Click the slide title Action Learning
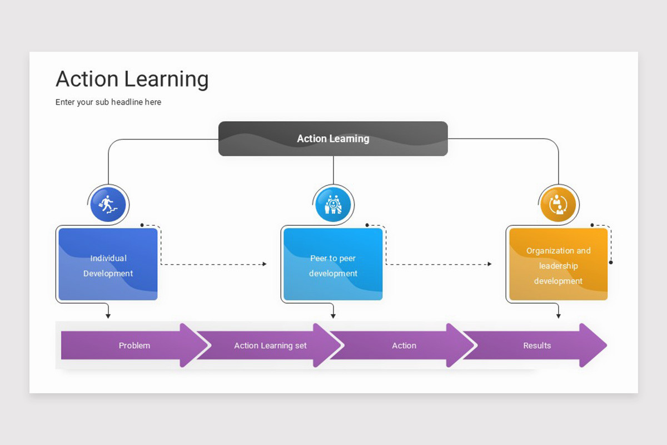click(132, 79)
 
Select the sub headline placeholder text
click(108, 102)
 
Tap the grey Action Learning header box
click(333, 139)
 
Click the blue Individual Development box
click(108, 265)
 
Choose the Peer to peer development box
click(333, 265)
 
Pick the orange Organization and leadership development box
click(558, 265)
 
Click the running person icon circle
click(108, 204)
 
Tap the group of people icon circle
click(333, 204)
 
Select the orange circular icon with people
click(558, 204)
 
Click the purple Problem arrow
click(134, 345)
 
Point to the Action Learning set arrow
click(270, 345)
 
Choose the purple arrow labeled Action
click(404, 345)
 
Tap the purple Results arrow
click(537, 345)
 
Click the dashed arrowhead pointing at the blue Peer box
click(265, 264)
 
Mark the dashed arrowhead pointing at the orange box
click(490, 264)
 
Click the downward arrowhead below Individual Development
click(108, 316)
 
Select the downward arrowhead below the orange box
click(558, 316)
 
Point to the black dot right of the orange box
click(611, 262)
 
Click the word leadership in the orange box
click(558, 266)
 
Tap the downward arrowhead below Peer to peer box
click(333, 316)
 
